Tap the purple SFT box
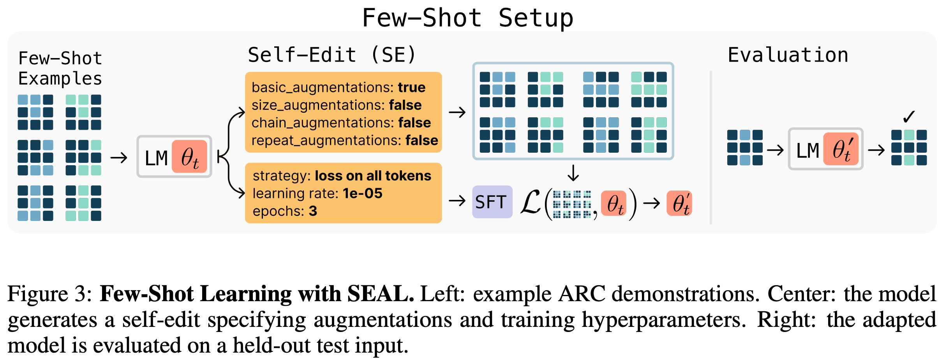click(492, 202)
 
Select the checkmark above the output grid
click(909, 116)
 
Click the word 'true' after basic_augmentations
click(411, 87)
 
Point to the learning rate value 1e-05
click(362, 193)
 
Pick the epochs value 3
click(313, 211)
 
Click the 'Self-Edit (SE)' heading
click(332, 55)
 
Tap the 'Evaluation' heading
click(788, 55)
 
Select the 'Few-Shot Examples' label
click(60, 69)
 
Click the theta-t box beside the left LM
click(189, 157)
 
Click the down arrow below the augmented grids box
click(573, 173)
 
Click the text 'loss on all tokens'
click(373, 176)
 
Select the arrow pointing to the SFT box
click(457, 201)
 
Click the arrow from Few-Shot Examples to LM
click(119, 158)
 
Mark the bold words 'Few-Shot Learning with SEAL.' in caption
click(257, 294)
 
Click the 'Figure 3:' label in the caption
click(50, 294)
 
